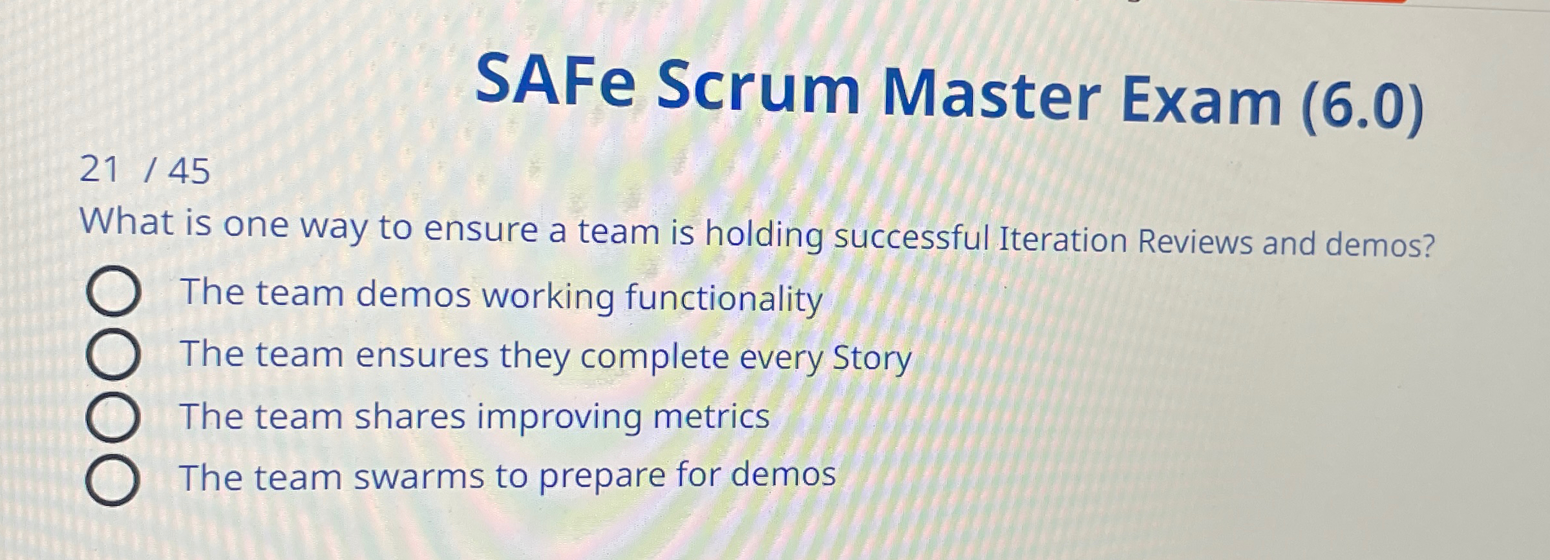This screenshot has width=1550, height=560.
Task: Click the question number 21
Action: point(100,170)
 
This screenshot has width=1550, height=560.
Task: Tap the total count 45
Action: point(189,172)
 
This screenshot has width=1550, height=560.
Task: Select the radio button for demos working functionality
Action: point(112,292)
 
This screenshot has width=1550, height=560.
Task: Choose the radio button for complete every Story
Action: point(112,354)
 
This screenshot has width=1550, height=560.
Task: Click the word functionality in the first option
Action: point(723,298)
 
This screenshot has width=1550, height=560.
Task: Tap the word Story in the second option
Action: point(871,358)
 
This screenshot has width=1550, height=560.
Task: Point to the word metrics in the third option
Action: point(711,417)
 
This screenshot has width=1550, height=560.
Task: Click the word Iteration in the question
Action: point(1063,240)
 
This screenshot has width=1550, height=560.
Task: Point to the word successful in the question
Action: point(911,237)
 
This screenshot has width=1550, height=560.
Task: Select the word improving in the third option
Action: point(559,417)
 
